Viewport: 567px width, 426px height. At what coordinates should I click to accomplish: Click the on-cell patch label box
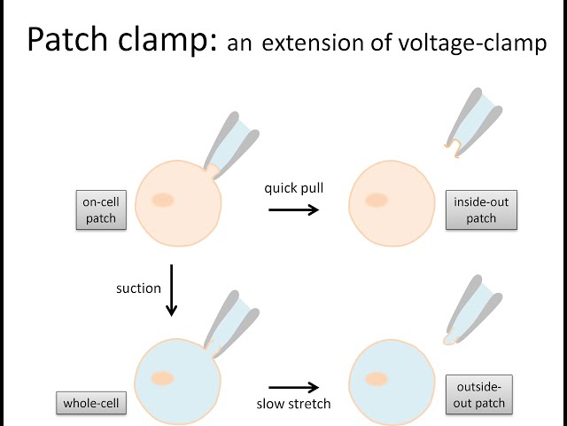point(100,210)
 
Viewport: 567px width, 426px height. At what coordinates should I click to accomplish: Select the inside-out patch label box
point(481,210)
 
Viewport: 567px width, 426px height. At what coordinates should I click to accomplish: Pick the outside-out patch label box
point(481,394)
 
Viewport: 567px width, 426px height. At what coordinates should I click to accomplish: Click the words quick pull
point(293,188)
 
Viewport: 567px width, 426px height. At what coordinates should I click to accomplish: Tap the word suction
point(138,288)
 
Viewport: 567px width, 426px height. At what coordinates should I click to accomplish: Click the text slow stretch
point(293,404)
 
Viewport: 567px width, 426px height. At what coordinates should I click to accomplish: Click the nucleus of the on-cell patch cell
point(162,200)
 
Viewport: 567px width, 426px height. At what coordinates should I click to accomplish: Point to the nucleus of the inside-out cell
point(377,200)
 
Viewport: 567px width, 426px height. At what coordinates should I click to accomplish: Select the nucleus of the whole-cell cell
point(161,379)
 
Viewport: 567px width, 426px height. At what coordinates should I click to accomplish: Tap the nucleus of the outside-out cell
point(377,379)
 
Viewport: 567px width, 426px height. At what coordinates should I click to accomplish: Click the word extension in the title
point(313,42)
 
